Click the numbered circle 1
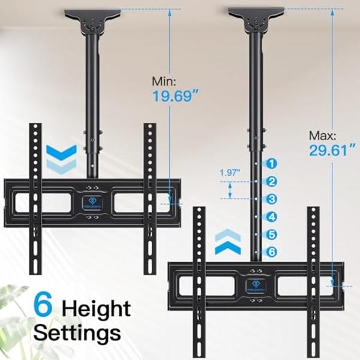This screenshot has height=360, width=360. pos(271,163)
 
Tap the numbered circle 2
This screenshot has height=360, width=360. pos(271,181)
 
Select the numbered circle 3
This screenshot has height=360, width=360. pos(271,199)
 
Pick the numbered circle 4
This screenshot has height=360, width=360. pos(271,217)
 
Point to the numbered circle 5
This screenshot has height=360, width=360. pos(271,235)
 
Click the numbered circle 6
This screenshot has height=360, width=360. pos(271,252)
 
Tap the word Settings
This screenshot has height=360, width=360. pos(77,332)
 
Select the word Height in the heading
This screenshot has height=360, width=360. pos(96,308)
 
